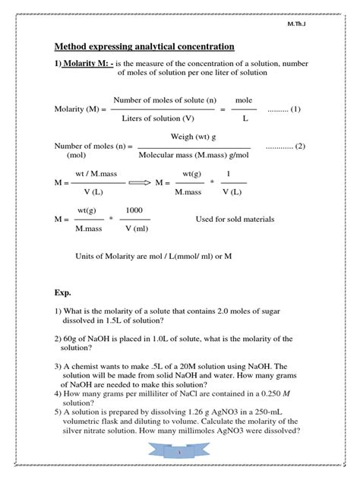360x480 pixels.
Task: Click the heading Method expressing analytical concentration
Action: (x=144, y=46)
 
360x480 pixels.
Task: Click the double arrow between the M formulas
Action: (x=139, y=183)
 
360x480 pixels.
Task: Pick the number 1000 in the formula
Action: (x=134, y=210)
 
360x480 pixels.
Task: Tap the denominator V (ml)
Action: (x=134, y=229)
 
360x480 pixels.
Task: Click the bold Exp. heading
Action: (x=62, y=292)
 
